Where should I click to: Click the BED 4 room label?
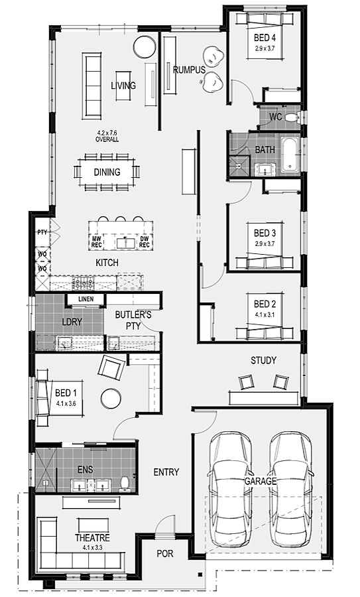coord(265,38)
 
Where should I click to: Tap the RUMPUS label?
coord(189,70)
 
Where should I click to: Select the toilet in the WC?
coord(292,117)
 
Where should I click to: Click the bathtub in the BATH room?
coord(290,154)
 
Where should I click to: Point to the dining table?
coord(107,172)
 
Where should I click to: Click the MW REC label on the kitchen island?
coord(96,241)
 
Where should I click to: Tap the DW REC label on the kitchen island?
coord(145,241)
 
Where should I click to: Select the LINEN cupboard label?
coord(86,299)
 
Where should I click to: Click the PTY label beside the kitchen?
coord(42,232)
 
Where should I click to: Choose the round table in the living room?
coord(145,47)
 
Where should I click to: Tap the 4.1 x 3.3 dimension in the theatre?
coord(92,547)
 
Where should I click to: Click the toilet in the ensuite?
coord(124,483)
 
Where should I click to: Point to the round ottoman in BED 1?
coord(111,399)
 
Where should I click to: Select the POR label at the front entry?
coord(165,553)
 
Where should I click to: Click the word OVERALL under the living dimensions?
coord(107,139)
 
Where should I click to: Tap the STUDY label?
coord(263,360)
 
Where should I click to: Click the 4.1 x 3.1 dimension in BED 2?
coord(265,314)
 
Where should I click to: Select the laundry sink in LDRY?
coord(63,343)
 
